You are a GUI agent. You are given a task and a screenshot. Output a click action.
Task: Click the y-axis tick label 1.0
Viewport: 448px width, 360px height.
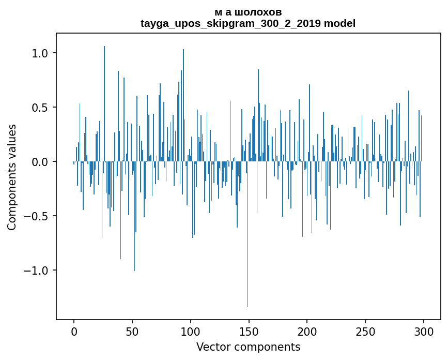coord(39,53)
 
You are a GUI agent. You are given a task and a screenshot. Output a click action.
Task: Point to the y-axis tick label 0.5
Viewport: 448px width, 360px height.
coord(39,108)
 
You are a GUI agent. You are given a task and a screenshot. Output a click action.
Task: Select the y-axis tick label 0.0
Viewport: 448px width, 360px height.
coord(39,162)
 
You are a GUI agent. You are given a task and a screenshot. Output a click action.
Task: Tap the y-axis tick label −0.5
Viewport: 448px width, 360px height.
coord(35,216)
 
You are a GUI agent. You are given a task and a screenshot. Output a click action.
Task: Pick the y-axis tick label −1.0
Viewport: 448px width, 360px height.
coord(35,271)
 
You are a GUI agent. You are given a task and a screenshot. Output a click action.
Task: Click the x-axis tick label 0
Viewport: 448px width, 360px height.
coord(74,331)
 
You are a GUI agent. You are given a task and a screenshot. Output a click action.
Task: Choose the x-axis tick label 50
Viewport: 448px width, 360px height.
coord(132,331)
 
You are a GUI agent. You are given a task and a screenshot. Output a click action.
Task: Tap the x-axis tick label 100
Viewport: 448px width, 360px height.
coord(190,331)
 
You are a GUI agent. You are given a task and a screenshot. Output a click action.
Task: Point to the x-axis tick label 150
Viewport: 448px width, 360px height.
coord(249,331)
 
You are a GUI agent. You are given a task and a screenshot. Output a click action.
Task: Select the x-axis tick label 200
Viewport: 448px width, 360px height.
coord(307,331)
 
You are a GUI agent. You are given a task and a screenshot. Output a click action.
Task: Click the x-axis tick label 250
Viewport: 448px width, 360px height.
coord(365,331)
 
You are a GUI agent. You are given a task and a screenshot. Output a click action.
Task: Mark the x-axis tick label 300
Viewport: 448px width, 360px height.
coord(423,331)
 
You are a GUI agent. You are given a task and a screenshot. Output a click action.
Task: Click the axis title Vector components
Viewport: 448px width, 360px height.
coord(248,347)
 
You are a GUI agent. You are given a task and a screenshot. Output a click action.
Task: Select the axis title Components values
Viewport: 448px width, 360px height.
coord(12,177)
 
